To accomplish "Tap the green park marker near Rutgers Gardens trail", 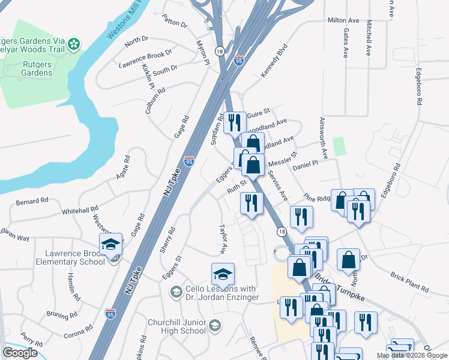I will point(74,43).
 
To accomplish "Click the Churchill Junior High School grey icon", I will point(214,326).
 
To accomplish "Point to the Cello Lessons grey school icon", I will point(176,292).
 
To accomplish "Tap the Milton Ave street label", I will point(343,20).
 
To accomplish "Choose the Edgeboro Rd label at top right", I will point(420,88).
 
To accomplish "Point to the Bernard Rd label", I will point(32,201).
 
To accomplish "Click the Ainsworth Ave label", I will point(324,137).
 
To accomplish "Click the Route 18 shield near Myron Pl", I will point(220,52).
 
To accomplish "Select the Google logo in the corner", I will point(20,353).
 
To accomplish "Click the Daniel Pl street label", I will point(305,166).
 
